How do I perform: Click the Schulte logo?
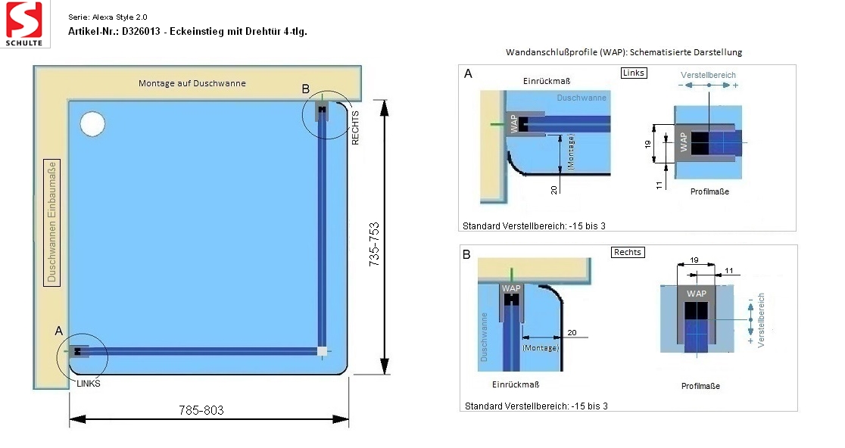24,24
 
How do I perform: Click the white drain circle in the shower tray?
92,124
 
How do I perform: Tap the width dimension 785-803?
201,410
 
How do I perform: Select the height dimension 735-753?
374,244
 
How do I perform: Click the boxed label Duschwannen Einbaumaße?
51,222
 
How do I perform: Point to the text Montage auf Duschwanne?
192,83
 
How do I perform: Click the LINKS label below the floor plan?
89,384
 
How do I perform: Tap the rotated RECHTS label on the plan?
355,128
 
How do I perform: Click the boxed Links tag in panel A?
633,73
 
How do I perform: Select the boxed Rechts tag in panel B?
628,252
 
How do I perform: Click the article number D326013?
141,31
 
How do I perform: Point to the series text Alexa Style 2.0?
120,17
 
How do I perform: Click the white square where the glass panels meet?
322,352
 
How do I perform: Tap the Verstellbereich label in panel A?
708,75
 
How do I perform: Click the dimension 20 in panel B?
572,333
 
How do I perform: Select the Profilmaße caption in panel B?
700,386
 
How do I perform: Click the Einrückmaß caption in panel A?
547,81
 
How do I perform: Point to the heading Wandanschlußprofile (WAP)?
566,52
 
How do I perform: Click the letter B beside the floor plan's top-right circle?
306,89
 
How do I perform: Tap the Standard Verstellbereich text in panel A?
534,226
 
